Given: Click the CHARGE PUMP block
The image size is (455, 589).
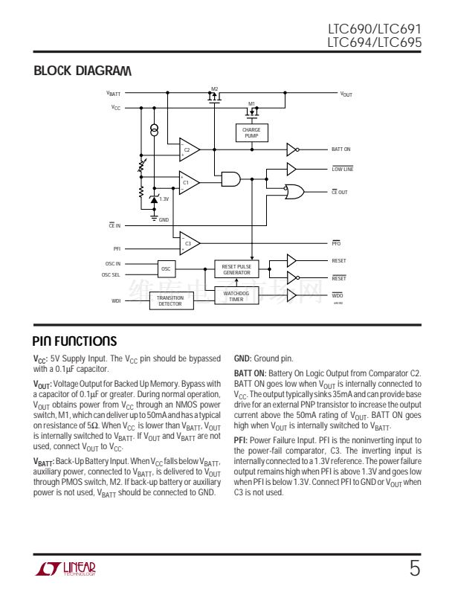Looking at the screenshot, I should [x=251, y=133].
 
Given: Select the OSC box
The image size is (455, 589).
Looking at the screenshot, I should [x=166, y=268].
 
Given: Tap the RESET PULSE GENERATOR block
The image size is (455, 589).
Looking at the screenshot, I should [x=236, y=269].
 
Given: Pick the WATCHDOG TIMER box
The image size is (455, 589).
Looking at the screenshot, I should [x=236, y=297].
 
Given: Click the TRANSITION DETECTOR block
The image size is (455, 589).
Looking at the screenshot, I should [x=170, y=301].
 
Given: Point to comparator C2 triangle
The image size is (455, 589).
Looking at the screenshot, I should [x=188, y=150].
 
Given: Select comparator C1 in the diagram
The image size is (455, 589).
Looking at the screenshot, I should [x=188, y=183].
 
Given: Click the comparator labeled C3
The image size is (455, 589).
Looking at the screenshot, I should [x=189, y=243].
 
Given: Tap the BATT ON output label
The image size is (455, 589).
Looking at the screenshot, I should [x=341, y=149].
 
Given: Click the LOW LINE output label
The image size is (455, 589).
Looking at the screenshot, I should [x=342, y=169].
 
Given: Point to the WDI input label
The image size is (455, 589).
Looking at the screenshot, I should [x=116, y=300].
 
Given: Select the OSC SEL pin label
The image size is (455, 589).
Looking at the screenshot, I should [x=112, y=274].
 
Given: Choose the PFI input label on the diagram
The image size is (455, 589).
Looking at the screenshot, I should [x=117, y=248].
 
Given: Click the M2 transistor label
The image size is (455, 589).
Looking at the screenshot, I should [x=214, y=89].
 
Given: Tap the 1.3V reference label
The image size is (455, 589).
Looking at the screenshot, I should [x=164, y=199].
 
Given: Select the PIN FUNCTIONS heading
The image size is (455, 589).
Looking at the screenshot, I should [x=74, y=341].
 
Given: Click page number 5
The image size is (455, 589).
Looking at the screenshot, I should [x=414, y=569].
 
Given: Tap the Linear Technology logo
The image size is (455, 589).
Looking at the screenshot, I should [x=65, y=569].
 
